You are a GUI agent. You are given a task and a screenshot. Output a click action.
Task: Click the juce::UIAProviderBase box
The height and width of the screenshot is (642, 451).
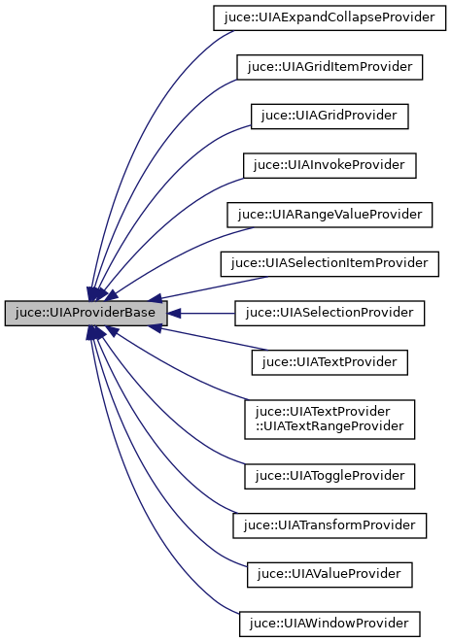point(86,313)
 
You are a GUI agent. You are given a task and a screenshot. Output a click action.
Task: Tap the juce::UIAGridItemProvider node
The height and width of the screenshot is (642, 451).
point(329,66)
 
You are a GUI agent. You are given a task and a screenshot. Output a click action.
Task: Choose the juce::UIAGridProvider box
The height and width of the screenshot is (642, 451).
point(329,116)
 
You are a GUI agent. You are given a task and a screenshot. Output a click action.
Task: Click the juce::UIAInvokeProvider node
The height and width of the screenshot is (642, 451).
point(329,165)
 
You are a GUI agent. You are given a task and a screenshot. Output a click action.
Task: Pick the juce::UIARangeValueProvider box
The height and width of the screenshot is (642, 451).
point(329,215)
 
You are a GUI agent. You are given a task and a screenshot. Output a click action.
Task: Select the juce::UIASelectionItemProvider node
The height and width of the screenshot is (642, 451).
point(329,263)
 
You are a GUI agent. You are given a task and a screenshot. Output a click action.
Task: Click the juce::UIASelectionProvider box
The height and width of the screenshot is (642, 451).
point(329,313)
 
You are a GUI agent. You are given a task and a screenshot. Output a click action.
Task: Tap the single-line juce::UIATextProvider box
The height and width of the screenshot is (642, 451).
point(329,362)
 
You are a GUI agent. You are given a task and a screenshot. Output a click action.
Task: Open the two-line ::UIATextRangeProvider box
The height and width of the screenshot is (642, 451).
point(329,419)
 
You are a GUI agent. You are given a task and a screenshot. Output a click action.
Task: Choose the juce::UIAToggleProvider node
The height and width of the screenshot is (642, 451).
point(329,476)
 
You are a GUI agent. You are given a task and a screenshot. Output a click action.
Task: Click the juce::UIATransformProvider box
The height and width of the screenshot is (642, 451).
point(329,525)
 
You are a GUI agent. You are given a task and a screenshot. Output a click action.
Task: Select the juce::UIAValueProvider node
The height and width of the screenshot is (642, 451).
point(329,575)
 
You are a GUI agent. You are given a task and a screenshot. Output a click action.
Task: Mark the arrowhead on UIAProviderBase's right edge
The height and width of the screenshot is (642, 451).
point(175,313)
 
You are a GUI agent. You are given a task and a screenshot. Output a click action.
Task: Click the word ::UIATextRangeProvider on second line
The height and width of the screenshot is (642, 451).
point(329,426)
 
